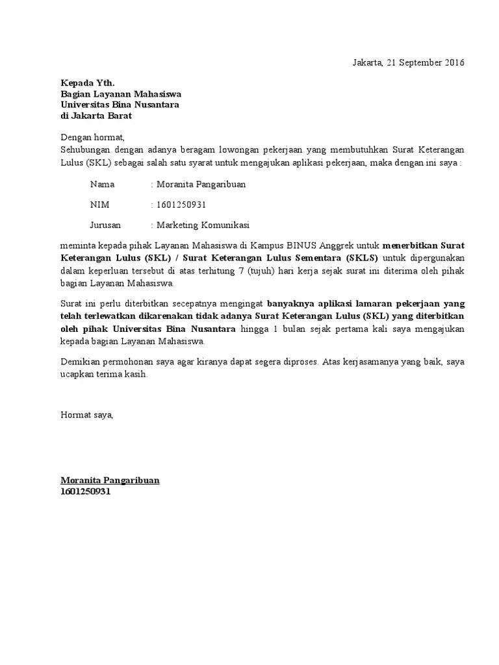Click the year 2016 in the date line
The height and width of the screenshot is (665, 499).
point(454,63)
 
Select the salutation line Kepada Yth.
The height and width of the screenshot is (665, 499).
point(87,83)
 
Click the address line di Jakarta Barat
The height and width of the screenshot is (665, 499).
point(96,116)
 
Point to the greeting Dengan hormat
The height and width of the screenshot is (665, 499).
point(92,138)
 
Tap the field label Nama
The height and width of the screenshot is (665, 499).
point(102,184)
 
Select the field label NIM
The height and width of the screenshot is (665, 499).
point(99,205)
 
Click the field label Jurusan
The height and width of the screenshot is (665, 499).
point(106,225)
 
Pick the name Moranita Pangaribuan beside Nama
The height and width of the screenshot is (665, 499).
point(201,184)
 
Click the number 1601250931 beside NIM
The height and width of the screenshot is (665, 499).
point(181,205)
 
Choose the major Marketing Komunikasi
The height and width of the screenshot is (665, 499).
point(203,225)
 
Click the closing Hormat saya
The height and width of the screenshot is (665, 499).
point(86,414)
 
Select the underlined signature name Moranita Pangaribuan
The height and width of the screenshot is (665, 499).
point(110,481)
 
